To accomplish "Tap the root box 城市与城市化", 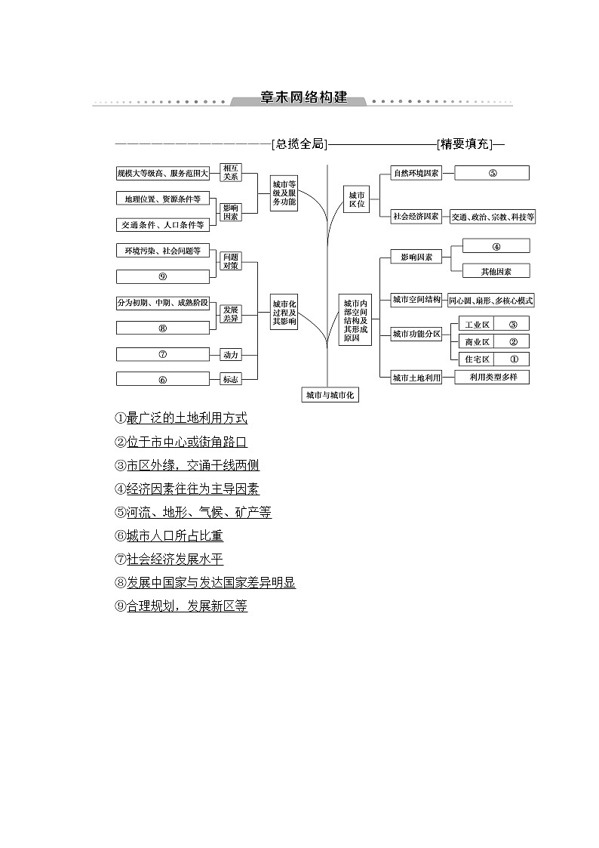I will [x=329, y=395].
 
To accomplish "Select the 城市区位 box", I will [x=356, y=199].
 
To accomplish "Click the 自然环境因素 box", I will [x=416, y=173].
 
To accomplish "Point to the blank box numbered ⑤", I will [x=492, y=173].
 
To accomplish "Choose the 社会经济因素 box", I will [x=416, y=217].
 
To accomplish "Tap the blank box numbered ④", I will [x=496, y=246].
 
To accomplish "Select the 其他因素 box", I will [x=496, y=271].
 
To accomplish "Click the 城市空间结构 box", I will [x=416, y=300].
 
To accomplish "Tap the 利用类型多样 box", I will [x=492, y=377].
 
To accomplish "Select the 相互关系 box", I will [x=230, y=172].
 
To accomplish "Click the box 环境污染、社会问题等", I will [x=163, y=251].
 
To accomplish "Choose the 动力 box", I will [x=230, y=354].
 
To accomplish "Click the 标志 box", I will [x=230, y=379].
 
